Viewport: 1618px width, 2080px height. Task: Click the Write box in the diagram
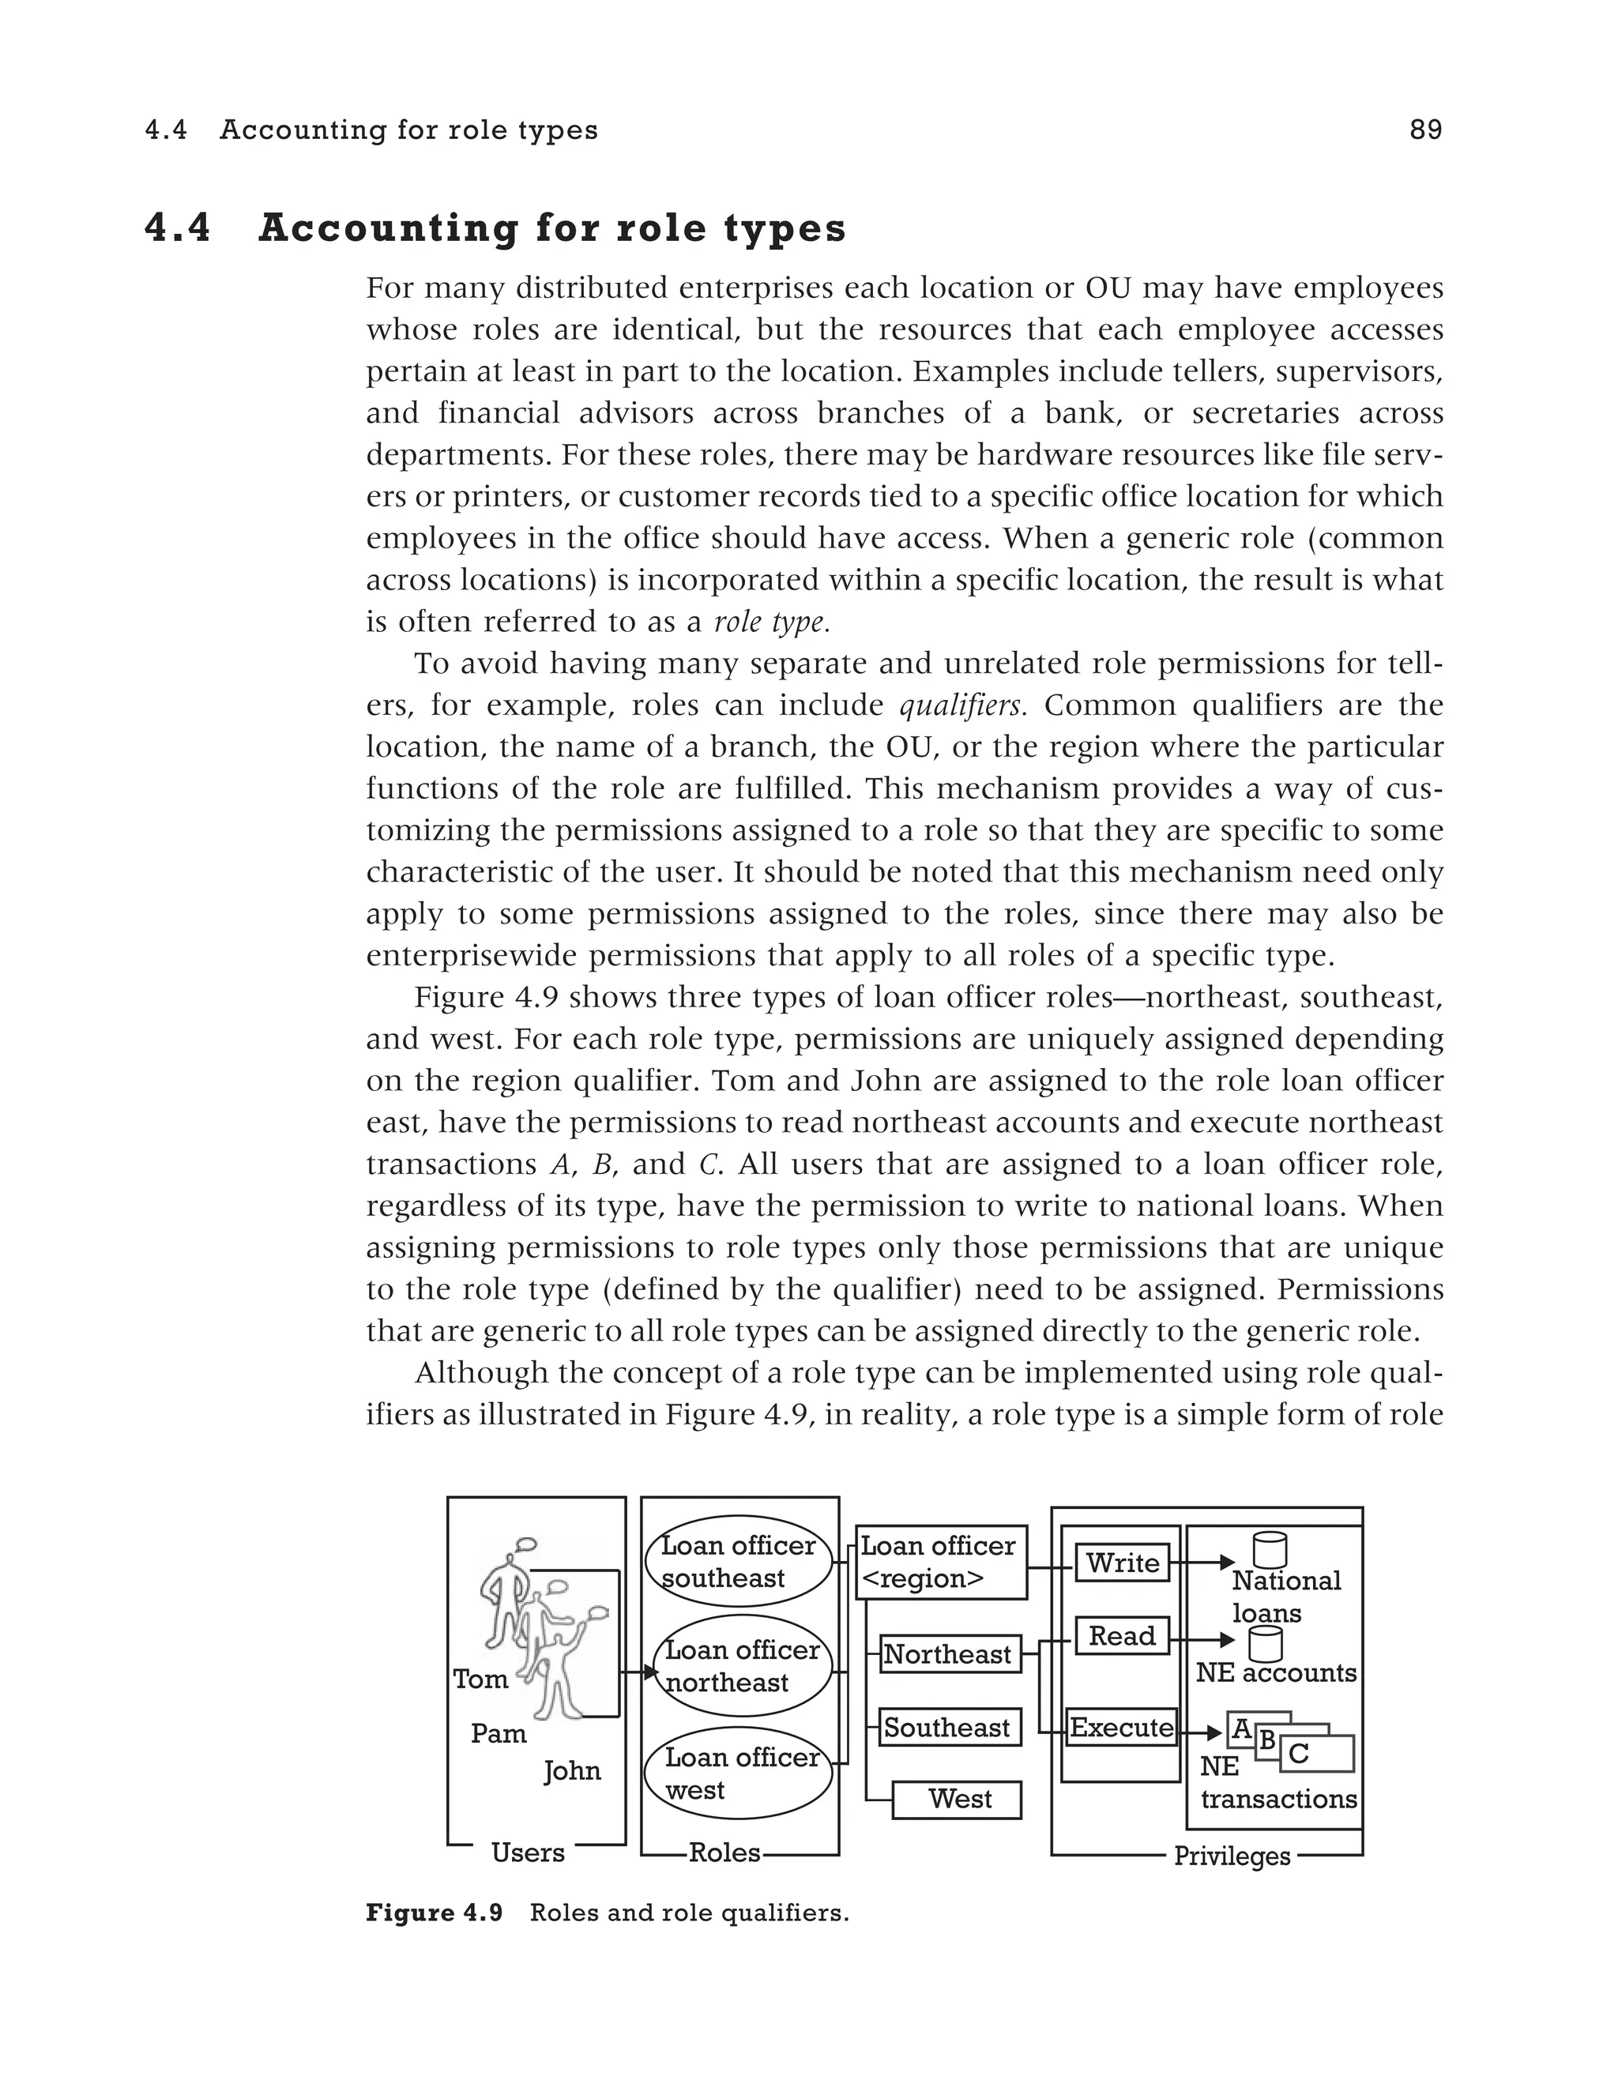click(x=1122, y=1563)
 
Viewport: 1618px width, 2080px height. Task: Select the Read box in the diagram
click(x=1122, y=1636)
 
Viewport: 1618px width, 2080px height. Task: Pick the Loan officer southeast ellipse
click(x=738, y=1562)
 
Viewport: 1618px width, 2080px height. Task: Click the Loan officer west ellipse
click(x=738, y=1773)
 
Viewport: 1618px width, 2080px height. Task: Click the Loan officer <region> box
click(x=940, y=1563)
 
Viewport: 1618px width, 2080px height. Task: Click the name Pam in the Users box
click(x=498, y=1733)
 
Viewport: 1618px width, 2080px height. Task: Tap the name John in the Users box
click(x=571, y=1770)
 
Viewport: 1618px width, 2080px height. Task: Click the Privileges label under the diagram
click(x=1232, y=1856)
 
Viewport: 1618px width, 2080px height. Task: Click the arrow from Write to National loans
click(x=1201, y=1563)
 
